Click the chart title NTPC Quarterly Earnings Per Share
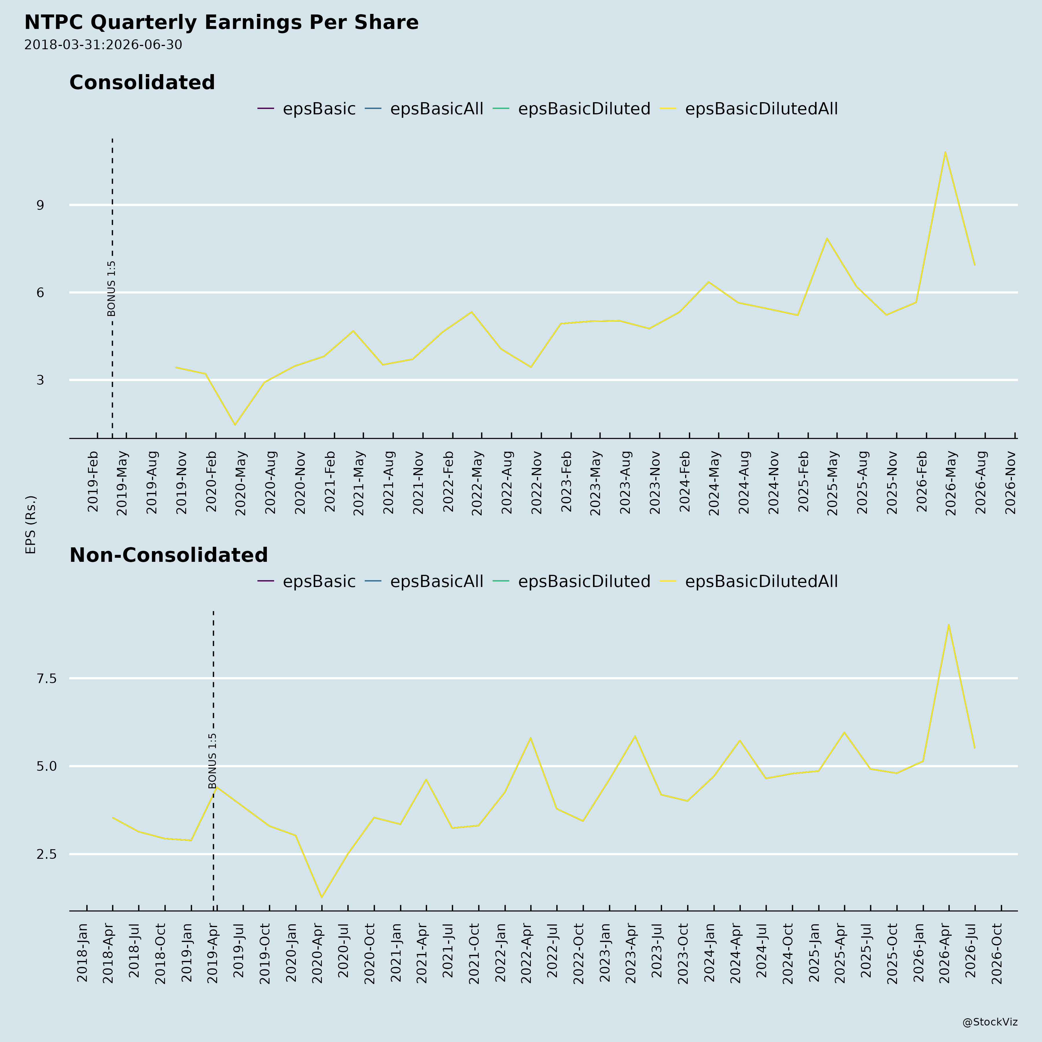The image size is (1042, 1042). coord(221,23)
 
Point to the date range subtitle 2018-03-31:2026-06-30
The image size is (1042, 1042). coord(103,45)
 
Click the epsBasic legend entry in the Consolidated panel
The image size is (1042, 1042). coord(306,109)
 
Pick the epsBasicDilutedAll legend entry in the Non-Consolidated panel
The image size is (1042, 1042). coord(749,581)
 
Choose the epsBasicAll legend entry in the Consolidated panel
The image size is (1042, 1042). coord(424,109)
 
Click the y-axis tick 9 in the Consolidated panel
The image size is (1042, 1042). coord(41,205)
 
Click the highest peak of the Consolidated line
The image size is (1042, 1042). coord(945,152)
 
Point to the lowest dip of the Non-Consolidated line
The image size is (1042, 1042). coord(322,898)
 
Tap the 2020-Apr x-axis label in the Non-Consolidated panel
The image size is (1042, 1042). coord(318,953)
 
